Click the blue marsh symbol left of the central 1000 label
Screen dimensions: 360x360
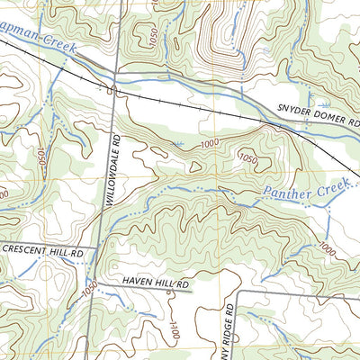coord(177,144)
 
